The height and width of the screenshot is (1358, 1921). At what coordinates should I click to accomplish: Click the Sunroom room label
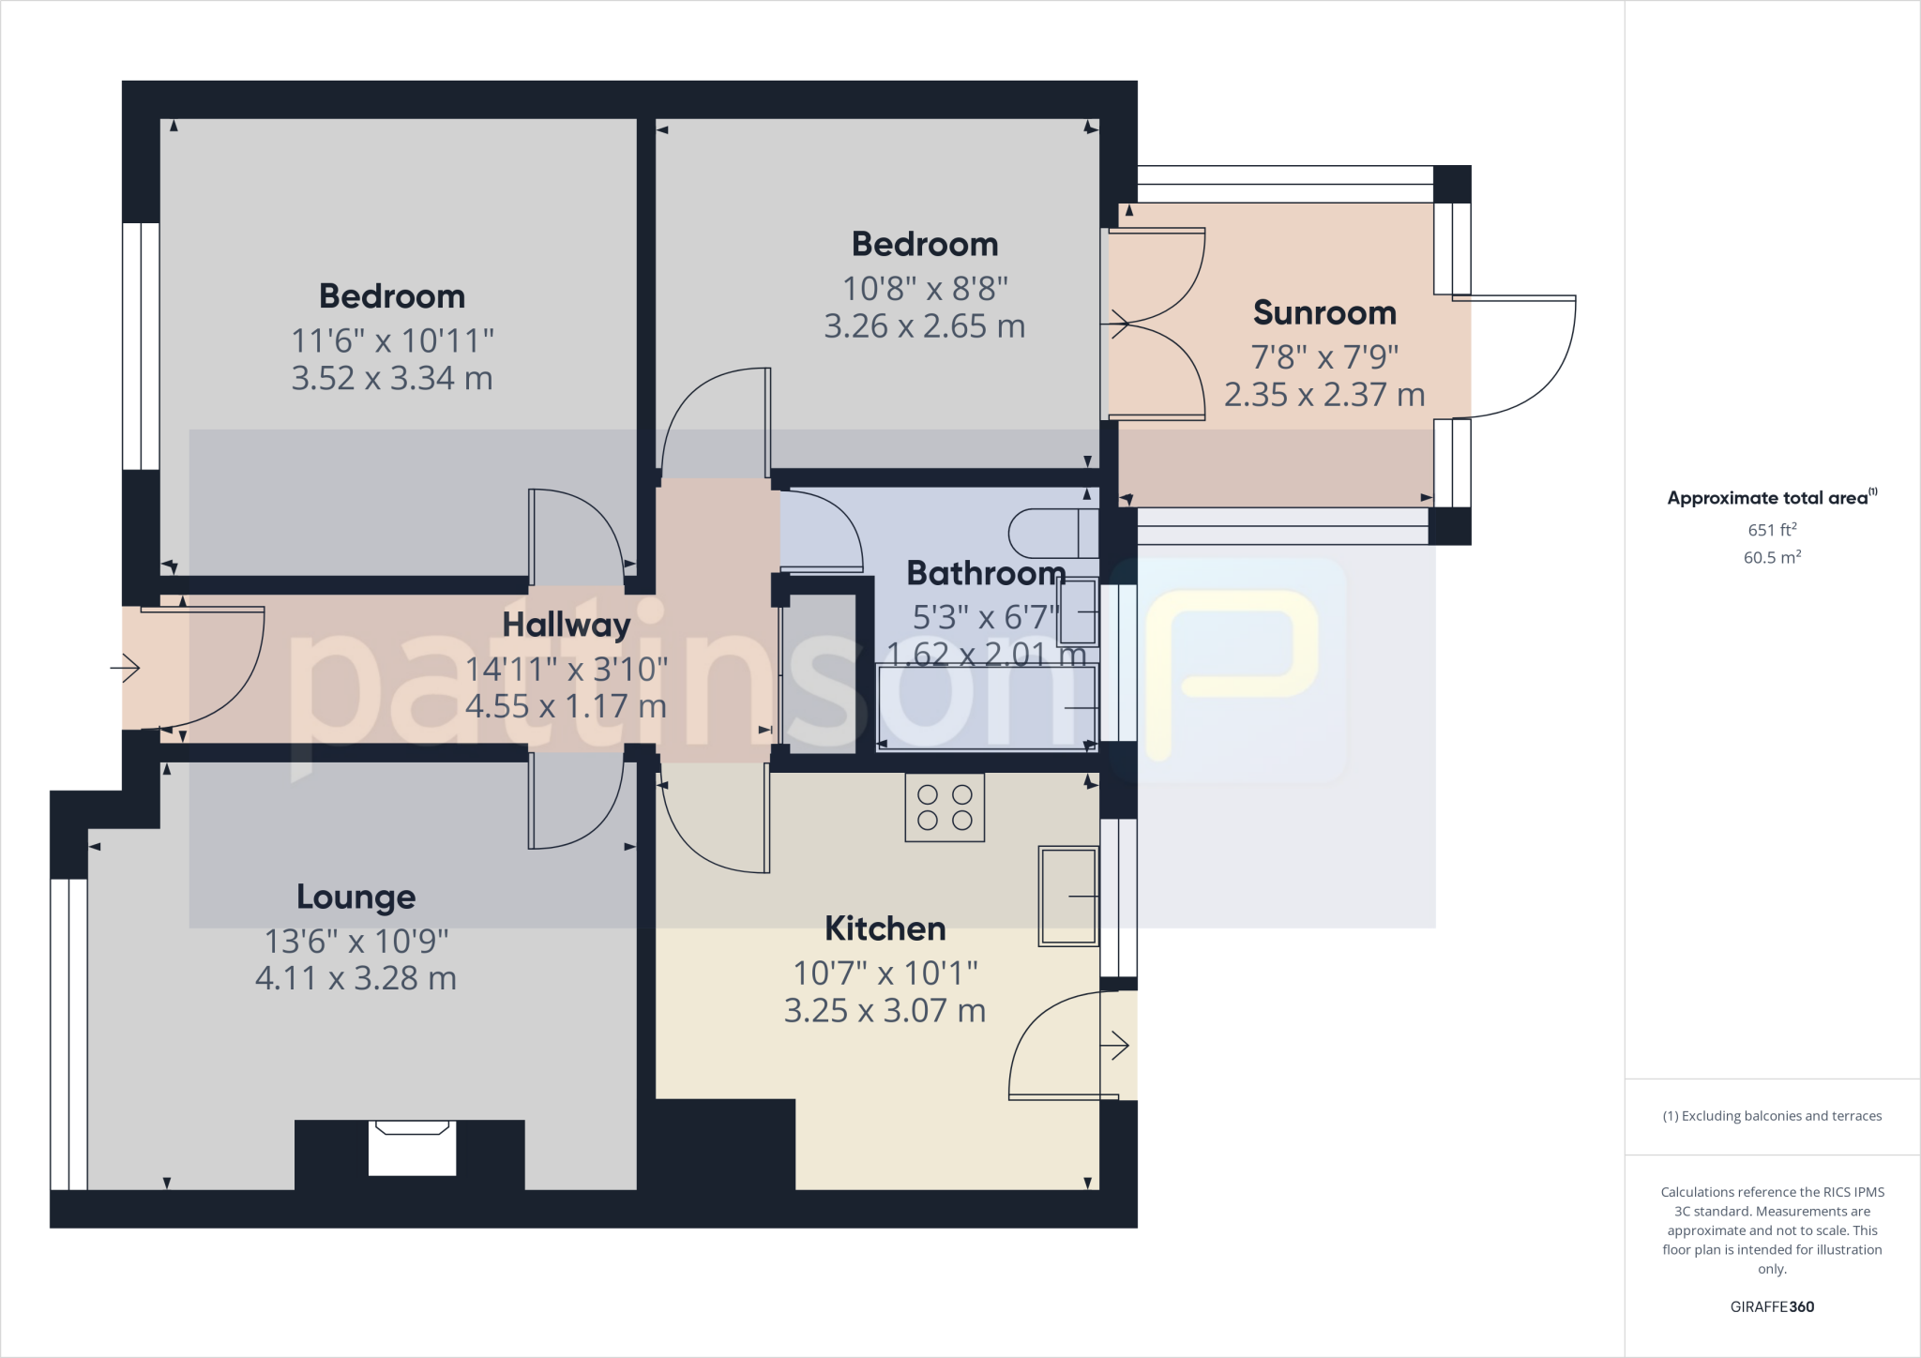[x=1324, y=313]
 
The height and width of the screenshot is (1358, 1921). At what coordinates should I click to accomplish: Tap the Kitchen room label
[x=885, y=928]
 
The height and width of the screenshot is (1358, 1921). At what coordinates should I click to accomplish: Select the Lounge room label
[x=355, y=897]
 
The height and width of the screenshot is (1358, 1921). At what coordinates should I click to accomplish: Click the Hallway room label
[x=566, y=625]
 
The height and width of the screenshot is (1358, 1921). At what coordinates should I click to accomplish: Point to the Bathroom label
[x=985, y=573]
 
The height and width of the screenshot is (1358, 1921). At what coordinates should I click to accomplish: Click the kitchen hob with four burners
[x=944, y=807]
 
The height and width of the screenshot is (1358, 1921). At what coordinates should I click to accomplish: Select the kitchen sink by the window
[x=1067, y=897]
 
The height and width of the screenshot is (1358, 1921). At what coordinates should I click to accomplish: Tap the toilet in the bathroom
[x=1051, y=534]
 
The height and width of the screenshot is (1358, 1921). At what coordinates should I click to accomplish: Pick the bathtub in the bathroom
[x=985, y=707]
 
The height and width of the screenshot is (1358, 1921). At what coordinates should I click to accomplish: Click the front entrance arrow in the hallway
[x=126, y=668]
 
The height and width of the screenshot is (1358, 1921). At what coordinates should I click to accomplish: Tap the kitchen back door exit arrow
[x=1118, y=1045]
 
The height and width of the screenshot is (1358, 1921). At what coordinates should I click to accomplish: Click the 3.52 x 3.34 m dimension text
[x=391, y=378]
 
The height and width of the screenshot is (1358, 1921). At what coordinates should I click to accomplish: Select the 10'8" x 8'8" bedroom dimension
[x=924, y=288]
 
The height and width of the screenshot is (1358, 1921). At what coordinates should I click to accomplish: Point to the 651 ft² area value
[x=1771, y=530]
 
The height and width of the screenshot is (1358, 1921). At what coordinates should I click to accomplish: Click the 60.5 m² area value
[x=1771, y=557]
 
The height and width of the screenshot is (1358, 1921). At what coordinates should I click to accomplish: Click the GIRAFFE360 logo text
[x=1771, y=1306]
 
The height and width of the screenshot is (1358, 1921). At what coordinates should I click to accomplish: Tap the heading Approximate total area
[x=1769, y=498]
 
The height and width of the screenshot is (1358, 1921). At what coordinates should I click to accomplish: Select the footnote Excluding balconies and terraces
[x=1771, y=1116]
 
